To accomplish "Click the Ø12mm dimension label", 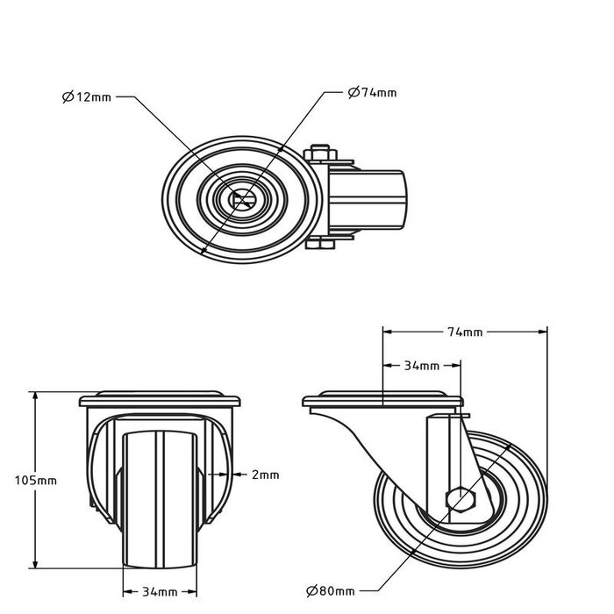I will coord(87,97).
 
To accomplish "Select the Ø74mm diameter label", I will coord(372,92).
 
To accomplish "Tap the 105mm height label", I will coord(36,480).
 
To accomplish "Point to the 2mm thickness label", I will coord(265,475).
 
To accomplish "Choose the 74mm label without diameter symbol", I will coord(465,332).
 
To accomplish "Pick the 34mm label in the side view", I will coord(422,365).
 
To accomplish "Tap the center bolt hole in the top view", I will coord(239,199).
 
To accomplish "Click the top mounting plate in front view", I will coord(161,401).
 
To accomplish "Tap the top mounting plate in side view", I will coord(382,402).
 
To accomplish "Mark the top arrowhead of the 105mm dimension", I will coord(36,396).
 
